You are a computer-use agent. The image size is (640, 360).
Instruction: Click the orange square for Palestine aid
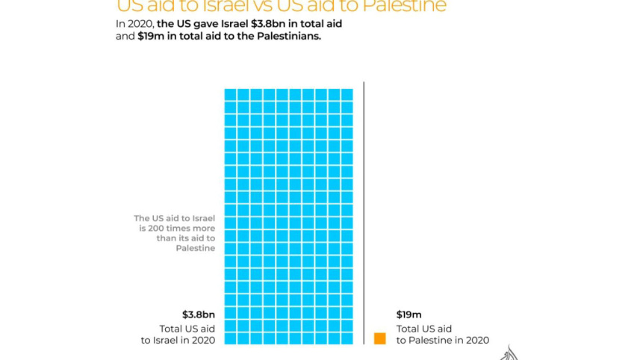[x=380, y=338]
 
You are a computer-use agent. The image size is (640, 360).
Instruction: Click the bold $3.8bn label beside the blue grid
[x=199, y=314]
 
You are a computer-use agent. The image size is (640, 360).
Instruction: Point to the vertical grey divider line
[x=364, y=209]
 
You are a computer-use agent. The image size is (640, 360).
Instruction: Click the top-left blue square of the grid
[x=231, y=95]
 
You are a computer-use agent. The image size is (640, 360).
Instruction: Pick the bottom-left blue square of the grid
[x=231, y=338]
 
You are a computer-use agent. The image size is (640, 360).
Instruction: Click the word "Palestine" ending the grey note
[x=196, y=249]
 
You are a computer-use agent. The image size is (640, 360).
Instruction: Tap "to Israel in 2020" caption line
[x=178, y=341]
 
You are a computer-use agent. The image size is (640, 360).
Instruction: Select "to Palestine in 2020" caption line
[x=443, y=341]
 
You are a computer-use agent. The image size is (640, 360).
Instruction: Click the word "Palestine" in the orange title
[x=408, y=7]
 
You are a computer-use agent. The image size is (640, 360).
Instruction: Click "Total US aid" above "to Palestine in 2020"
[x=424, y=328]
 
